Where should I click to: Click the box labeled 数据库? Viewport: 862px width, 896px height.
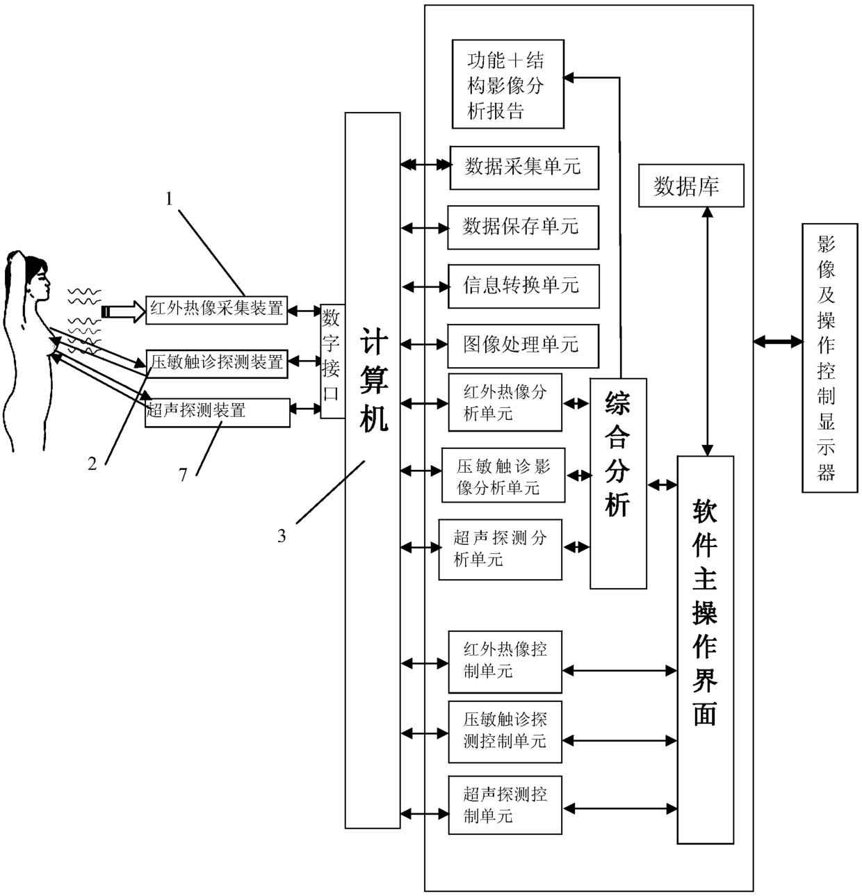point(691,186)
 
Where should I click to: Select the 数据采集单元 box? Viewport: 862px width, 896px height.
point(524,168)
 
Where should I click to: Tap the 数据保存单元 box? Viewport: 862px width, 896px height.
point(523,227)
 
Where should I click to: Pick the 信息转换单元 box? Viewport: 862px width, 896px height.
point(523,286)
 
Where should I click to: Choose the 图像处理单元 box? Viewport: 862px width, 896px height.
point(523,345)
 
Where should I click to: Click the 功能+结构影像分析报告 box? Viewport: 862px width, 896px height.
point(508,84)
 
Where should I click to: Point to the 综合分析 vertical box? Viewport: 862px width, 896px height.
point(618,484)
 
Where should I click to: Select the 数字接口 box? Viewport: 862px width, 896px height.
point(332,361)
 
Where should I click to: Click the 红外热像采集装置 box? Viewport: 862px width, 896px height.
point(216,310)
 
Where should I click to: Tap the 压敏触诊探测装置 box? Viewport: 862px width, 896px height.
point(217,364)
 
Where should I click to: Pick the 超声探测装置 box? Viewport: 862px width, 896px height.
point(218,412)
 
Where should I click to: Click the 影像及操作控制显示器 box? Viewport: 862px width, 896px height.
point(830,358)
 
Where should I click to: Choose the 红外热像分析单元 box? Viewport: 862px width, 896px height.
point(505,402)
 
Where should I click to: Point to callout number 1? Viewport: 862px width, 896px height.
point(169,199)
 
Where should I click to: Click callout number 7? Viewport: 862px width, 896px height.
point(184,475)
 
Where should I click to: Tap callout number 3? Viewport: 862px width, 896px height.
point(282,536)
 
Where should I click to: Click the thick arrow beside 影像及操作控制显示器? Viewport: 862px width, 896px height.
point(778,341)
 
